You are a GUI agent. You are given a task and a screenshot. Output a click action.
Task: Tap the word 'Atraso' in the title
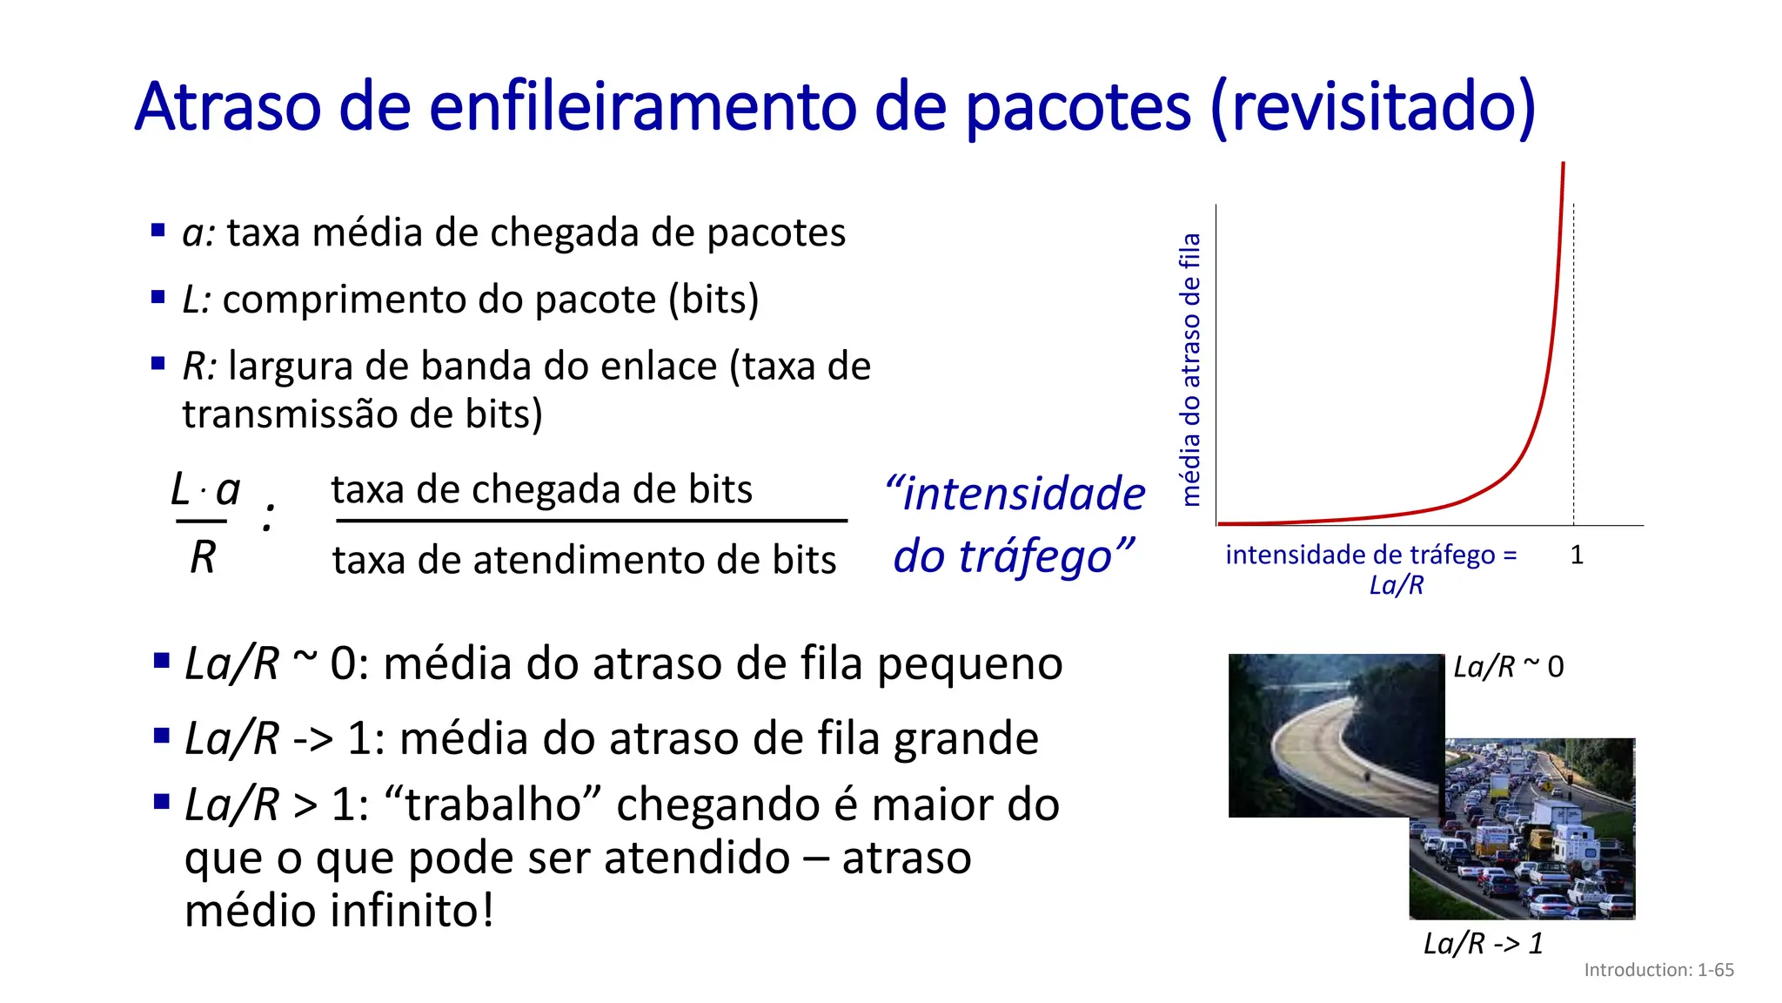click(x=228, y=106)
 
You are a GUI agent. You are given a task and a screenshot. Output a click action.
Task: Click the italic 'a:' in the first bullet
click(x=198, y=233)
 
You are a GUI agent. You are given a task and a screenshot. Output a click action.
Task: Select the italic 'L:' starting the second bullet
click(x=197, y=300)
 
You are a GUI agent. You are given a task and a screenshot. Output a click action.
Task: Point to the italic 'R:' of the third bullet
click(x=199, y=367)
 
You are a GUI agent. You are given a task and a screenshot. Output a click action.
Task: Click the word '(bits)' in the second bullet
click(x=713, y=300)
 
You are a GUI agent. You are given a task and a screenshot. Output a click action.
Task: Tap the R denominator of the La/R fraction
click(x=203, y=557)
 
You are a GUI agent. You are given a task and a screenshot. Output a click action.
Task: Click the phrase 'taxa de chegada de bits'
click(x=541, y=489)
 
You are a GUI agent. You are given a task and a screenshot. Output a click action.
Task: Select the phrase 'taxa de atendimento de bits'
click(x=584, y=560)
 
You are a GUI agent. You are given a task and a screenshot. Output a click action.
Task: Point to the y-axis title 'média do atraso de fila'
click(x=1189, y=369)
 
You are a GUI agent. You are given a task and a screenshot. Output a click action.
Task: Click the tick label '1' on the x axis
click(x=1577, y=555)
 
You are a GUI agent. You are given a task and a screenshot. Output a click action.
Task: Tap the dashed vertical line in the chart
click(x=1573, y=366)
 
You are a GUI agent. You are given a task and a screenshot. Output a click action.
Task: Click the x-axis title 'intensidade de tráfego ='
click(x=1370, y=555)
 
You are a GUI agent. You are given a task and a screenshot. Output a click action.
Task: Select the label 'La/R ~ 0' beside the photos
click(x=1508, y=667)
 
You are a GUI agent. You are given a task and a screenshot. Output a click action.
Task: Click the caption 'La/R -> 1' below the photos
click(x=1483, y=943)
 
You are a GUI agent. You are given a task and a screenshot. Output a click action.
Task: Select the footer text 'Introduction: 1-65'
click(x=1658, y=970)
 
